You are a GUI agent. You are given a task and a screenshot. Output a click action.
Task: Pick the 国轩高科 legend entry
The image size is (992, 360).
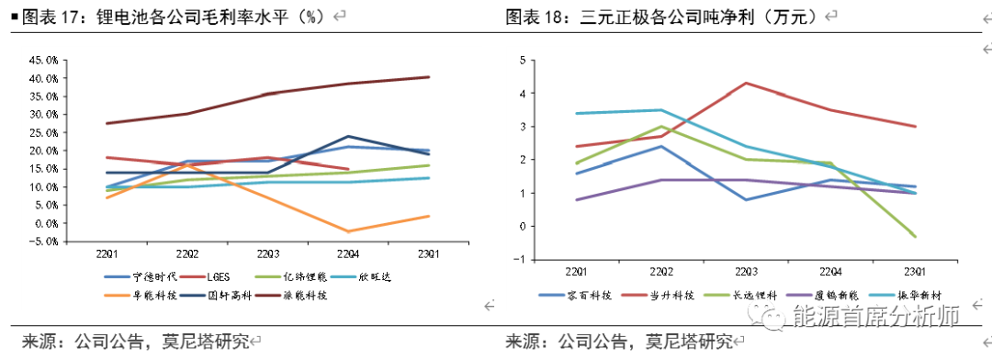pos(221,296)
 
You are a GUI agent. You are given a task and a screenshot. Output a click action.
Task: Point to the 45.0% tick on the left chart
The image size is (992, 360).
pos(44,60)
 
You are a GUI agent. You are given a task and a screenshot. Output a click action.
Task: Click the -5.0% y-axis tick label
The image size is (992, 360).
pos(44,242)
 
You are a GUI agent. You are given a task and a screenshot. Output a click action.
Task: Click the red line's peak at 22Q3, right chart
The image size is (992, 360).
pos(744,83)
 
